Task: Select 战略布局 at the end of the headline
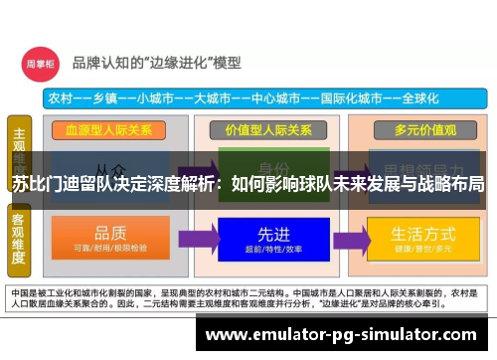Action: point(453,184)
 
